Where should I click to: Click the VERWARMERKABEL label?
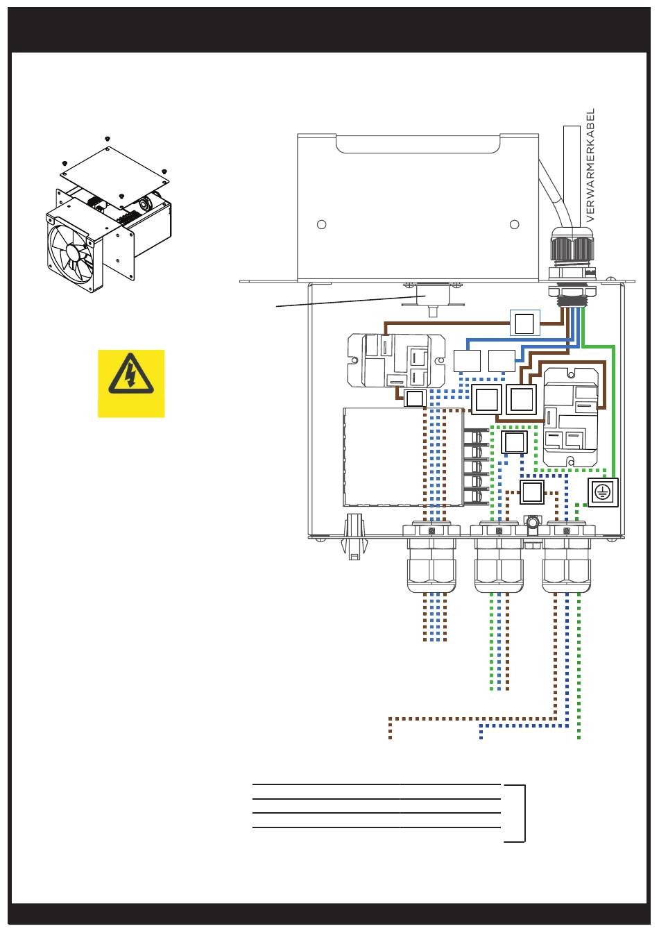(590, 165)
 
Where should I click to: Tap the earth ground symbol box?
(602, 492)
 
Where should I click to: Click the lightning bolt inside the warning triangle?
(131, 375)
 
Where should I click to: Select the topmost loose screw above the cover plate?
(108, 138)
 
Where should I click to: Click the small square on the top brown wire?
(525, 323)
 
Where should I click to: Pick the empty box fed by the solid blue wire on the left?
(467, 361)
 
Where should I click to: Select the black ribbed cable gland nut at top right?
(572, 246)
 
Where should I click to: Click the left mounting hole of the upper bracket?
(321, 224)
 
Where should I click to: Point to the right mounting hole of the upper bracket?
(515, 224)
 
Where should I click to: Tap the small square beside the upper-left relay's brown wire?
(415, 398)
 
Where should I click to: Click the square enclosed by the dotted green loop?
(514, 442)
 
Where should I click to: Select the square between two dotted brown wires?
(531, 492)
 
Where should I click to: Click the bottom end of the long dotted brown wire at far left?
(390, 739)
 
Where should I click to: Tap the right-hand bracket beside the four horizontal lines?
(515, 814)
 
